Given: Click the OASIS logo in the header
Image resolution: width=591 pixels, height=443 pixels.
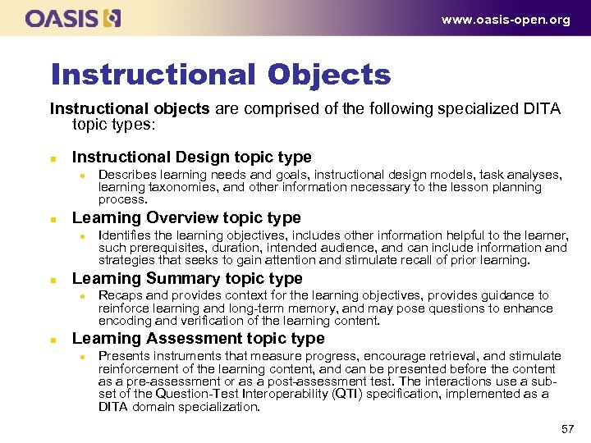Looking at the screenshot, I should (73, 18).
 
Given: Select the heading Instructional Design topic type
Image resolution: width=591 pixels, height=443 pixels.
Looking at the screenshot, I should (192, 157).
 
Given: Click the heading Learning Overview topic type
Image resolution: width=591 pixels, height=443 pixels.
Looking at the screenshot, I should (186, 217).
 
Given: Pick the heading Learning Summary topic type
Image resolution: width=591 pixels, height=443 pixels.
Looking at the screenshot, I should (187, 278).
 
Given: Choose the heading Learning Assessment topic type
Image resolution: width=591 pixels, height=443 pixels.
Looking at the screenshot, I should (199, 338).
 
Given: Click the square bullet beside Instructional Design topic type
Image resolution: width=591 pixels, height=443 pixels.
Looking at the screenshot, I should (53, 158).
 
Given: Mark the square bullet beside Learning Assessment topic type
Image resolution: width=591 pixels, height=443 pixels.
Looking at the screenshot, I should (53, 340).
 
